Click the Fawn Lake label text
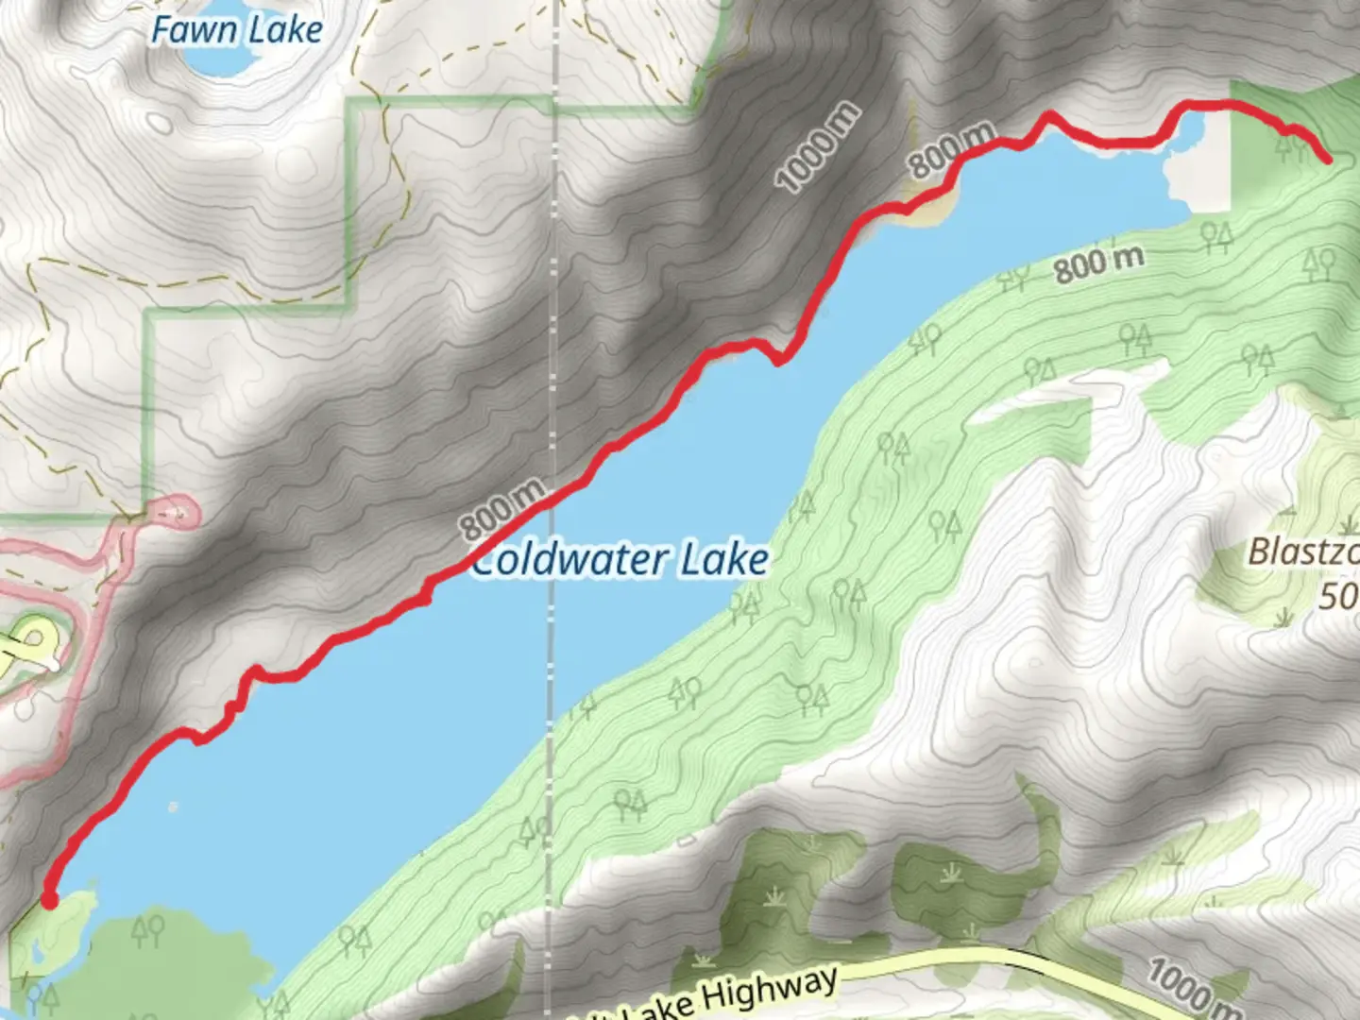coord(236,30)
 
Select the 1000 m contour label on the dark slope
coord(818,147)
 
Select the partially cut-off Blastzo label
coord(1303,552)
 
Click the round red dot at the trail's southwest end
coord(49,901)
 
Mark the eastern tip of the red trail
coord(1327,160)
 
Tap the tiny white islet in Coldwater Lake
coord(172,807)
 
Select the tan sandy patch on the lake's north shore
coord(921,210)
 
